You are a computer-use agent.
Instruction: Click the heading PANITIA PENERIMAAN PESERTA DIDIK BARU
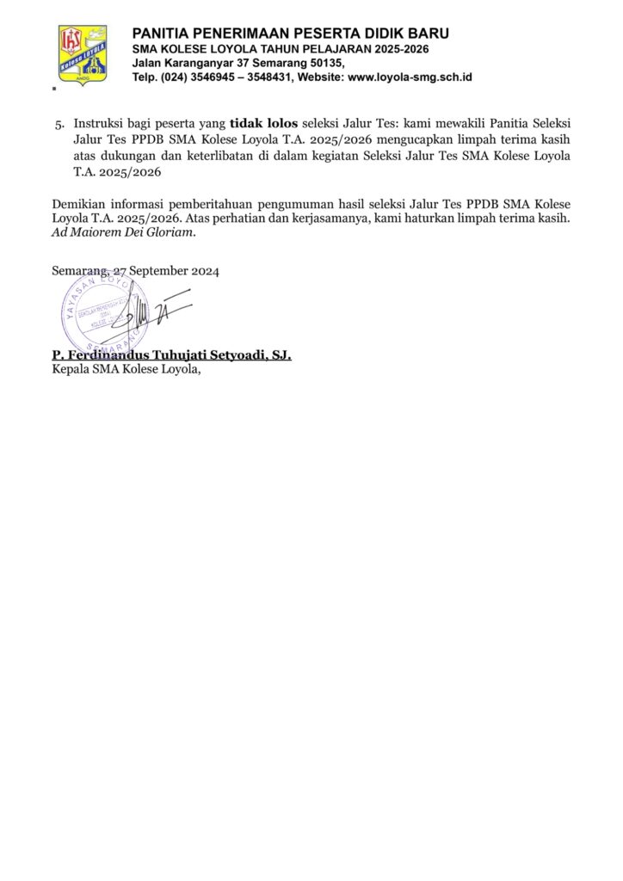tap(290, 34)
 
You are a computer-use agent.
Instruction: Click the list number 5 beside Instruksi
tap(59, 123)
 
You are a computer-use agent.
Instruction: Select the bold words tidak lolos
tap(263, 123)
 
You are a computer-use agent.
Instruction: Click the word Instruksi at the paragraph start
tap(101, 123)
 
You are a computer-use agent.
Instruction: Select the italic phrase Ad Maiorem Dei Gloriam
tap(124, 232)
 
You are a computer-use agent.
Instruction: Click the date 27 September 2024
tap(166, 270)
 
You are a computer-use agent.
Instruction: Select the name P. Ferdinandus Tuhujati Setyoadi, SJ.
tap(171, 355)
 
